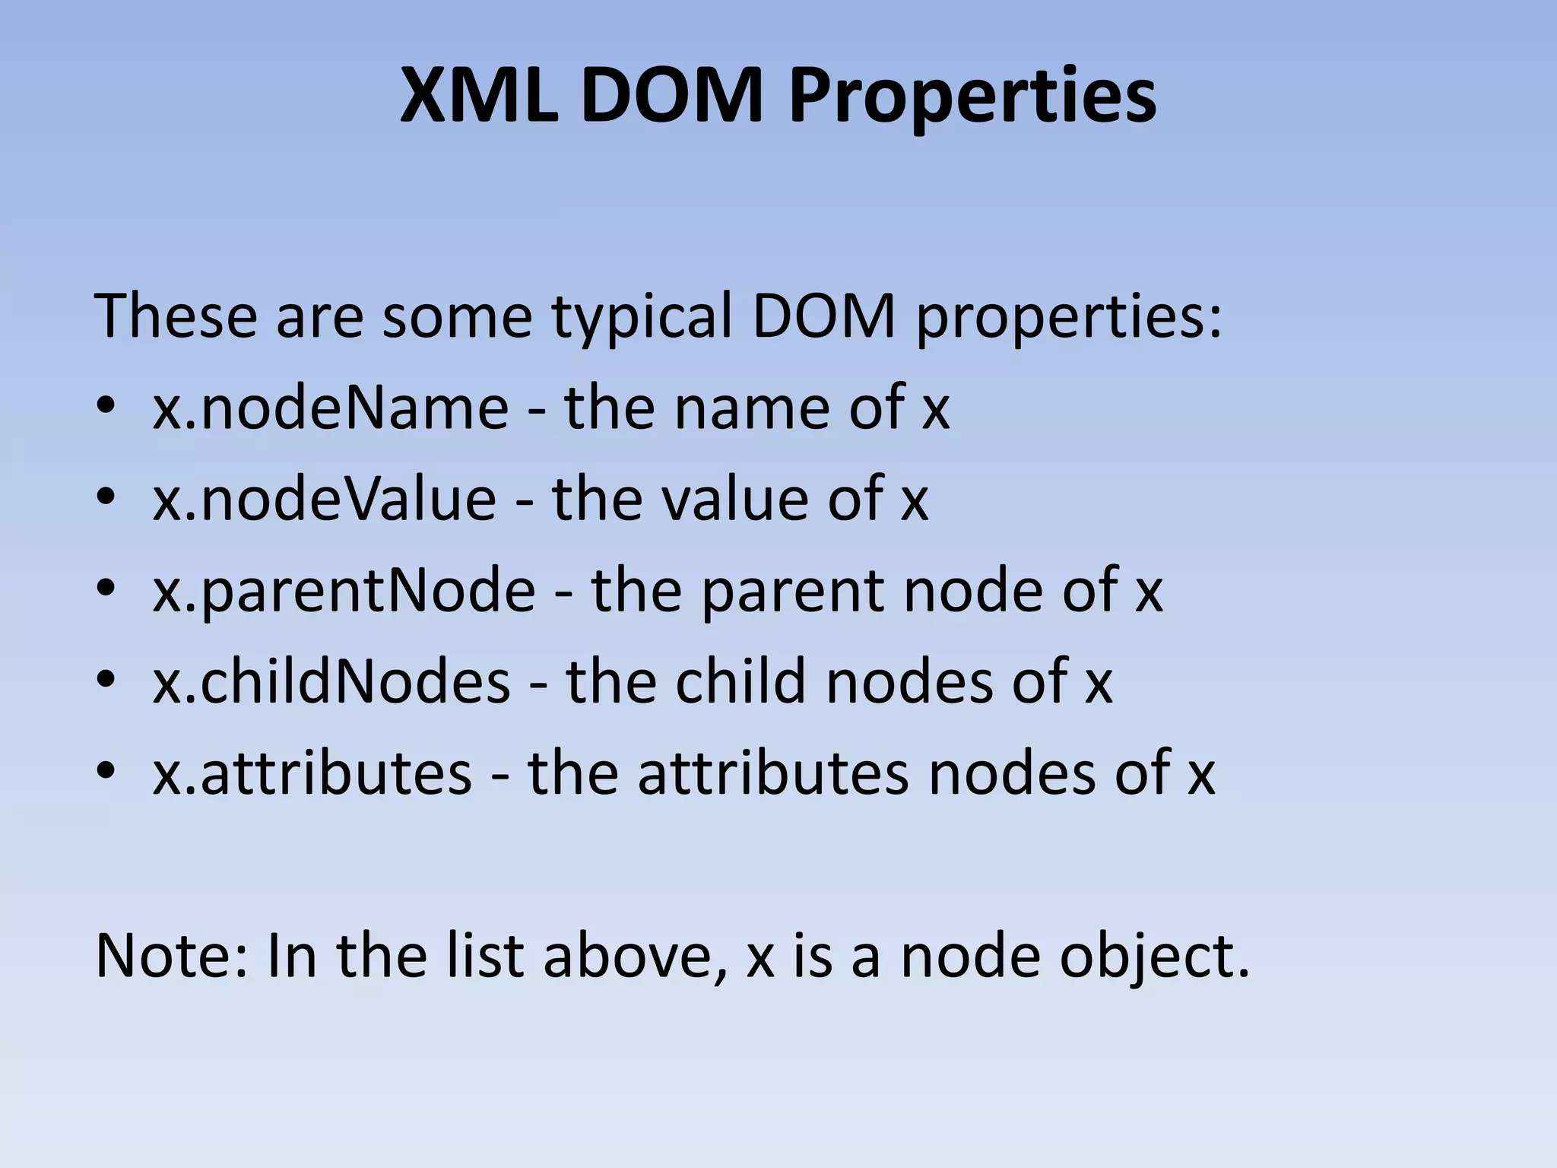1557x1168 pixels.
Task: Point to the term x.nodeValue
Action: pyautogui.click(x=324, y=500)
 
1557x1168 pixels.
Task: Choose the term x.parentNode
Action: pyautogui.click(x=344, y=591)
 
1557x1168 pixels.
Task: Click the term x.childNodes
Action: pyautogui.click(x=331, y=682)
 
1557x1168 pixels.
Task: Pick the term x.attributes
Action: pyautogui.click(x=312, y=773)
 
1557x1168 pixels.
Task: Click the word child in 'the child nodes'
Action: pyautogui.click(x=740, y=682)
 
